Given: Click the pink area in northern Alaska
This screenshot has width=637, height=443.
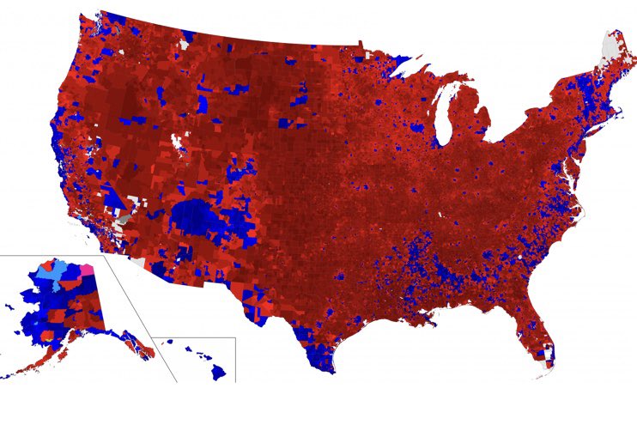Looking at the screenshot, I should click(x=86, y=269).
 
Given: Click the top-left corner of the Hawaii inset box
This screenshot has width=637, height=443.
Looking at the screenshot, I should click(x=154, y=337).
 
